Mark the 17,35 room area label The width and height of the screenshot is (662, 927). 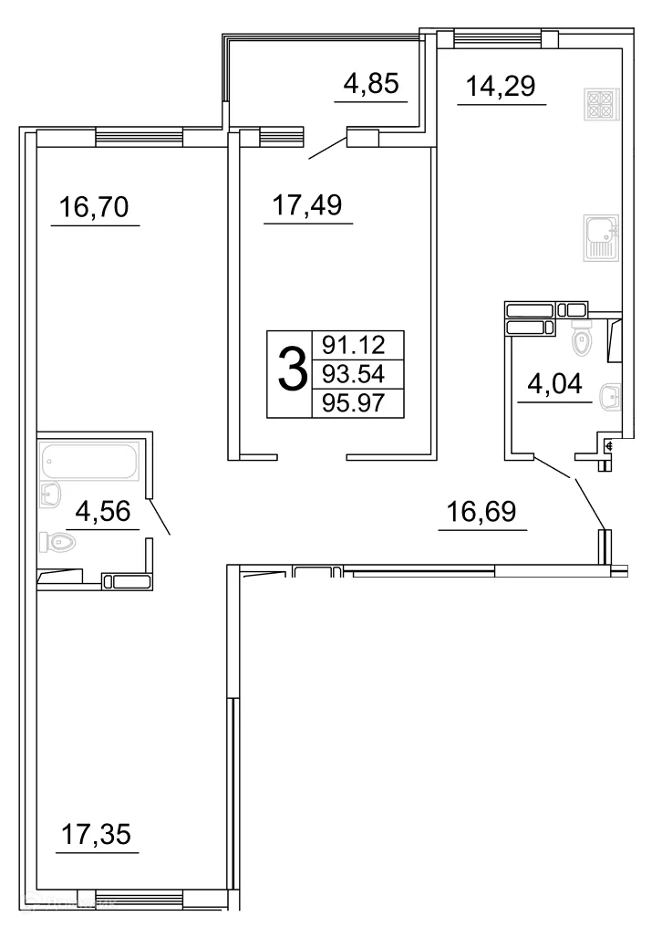click(97, 834)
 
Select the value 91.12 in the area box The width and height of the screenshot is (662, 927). click(357, 346)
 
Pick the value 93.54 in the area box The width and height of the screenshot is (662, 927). click(357, 373)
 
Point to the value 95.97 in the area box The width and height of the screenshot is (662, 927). click(357, 401)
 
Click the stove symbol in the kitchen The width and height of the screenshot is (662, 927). click(601, 107)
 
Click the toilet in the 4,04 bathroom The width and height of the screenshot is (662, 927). click(580, 339)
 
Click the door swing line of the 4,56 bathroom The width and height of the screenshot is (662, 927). click(159, 516)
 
